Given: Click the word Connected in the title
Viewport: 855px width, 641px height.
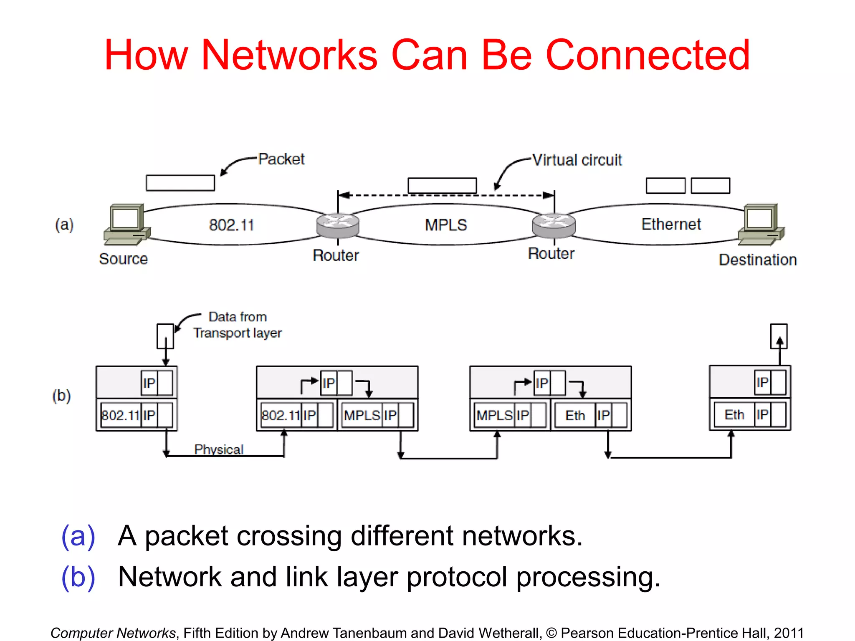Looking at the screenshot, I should [648, 55].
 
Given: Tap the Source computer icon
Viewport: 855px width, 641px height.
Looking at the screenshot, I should [127, 224].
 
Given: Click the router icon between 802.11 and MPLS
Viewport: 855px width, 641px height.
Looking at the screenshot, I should [337, 225].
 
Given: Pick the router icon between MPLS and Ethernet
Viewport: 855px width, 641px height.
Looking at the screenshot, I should [554, 225].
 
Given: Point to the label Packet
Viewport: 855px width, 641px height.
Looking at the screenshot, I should [281, 159].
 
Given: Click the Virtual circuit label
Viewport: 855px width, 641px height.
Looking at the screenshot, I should [577, 160].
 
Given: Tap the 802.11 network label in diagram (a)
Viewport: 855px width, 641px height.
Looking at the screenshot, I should [231, 225].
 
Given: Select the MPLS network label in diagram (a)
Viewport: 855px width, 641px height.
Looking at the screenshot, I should [446, 225].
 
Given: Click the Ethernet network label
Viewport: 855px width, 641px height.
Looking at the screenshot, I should [671, 225].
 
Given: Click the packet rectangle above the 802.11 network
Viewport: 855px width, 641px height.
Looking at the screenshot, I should [180, 183].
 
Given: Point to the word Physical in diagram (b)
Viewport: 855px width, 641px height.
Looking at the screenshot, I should [219, 449].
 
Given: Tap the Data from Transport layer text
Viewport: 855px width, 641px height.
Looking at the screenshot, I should [237, 325].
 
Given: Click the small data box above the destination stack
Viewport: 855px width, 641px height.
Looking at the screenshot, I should [779, 336].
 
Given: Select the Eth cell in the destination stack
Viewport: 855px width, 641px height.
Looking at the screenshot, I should [734, 415].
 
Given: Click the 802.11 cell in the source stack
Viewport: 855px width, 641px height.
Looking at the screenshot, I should [120, 415].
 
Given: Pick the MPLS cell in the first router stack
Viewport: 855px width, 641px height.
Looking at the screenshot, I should [362, 415].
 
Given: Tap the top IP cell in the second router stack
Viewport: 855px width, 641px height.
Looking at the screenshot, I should [542, 383].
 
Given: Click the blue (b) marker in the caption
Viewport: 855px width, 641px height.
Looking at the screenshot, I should [78, 577].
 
